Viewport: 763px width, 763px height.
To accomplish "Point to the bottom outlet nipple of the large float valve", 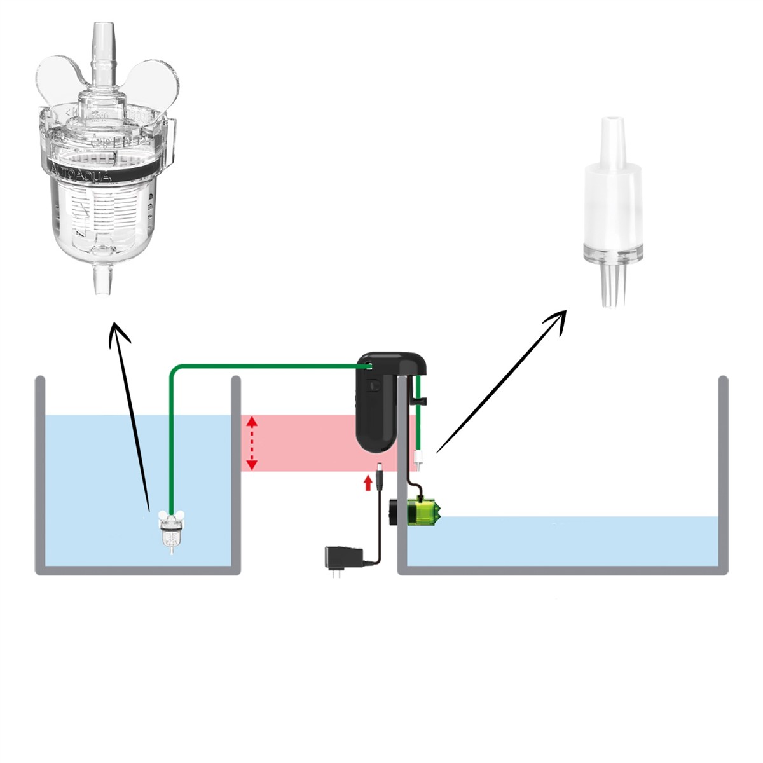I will point(101,280).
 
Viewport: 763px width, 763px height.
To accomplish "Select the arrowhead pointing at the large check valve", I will point(556,317).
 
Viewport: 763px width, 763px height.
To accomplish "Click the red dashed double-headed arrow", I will point(252,443).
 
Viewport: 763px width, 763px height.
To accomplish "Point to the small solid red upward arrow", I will point(367,483).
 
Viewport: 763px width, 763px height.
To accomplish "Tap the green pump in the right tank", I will point(420,512).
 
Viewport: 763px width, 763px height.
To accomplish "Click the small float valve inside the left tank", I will point(170,531).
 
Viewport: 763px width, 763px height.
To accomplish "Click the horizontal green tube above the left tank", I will point(267,366).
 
